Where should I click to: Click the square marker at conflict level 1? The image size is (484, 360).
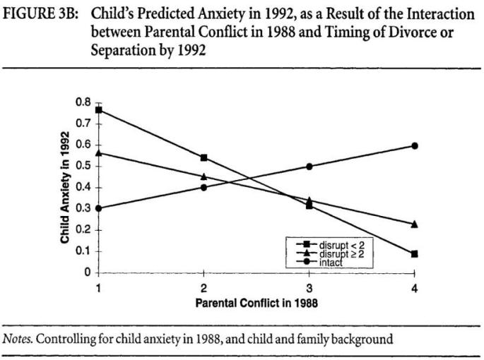click(99, 110)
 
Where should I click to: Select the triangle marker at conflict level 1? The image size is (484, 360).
click(99, 152)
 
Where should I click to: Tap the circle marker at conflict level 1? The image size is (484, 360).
click(99, 208)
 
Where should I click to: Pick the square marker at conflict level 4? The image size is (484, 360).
click(415, 253)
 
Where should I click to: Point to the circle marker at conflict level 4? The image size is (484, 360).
click(415, 145)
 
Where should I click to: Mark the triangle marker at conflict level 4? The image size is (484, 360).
click(415, 224)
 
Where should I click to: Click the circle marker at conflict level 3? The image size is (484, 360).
click(309, 167)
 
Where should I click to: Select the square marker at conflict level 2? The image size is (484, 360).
click(204, 157)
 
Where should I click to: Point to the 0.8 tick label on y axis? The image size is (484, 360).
click(84, 103)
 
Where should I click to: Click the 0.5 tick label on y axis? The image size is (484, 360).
click(84, 167)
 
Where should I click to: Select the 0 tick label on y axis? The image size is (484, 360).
click(88, 272)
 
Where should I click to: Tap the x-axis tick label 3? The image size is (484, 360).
click(309, 288)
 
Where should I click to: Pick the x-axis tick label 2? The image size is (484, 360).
click(204, 288)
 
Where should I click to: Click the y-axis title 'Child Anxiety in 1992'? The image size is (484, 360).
click(65, 188)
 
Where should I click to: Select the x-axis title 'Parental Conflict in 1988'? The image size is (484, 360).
click(256, 303)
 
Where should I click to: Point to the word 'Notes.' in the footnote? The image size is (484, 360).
click(19, 339)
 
